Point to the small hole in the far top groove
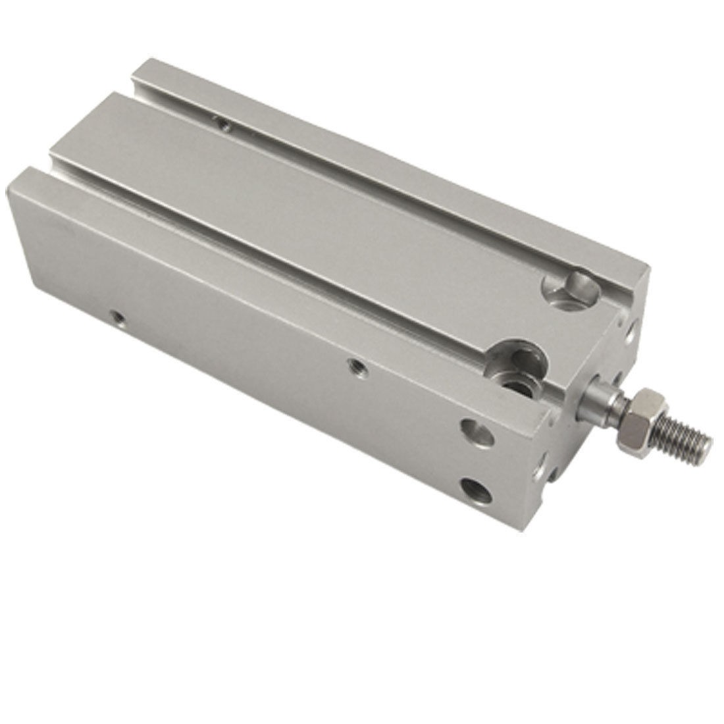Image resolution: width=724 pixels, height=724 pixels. [x=224, y=123]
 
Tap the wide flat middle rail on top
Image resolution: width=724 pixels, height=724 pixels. [x=329, y=197]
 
